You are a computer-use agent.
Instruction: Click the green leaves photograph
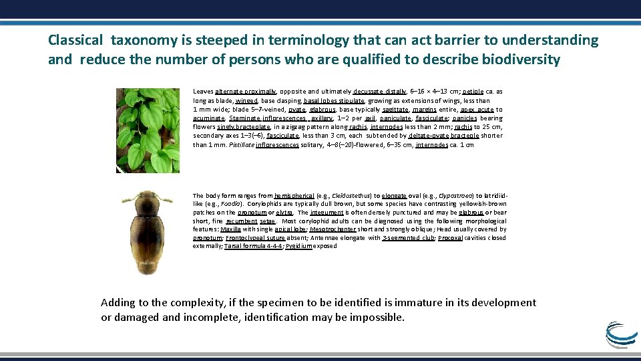pyautogui.click(x=148, y=130)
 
